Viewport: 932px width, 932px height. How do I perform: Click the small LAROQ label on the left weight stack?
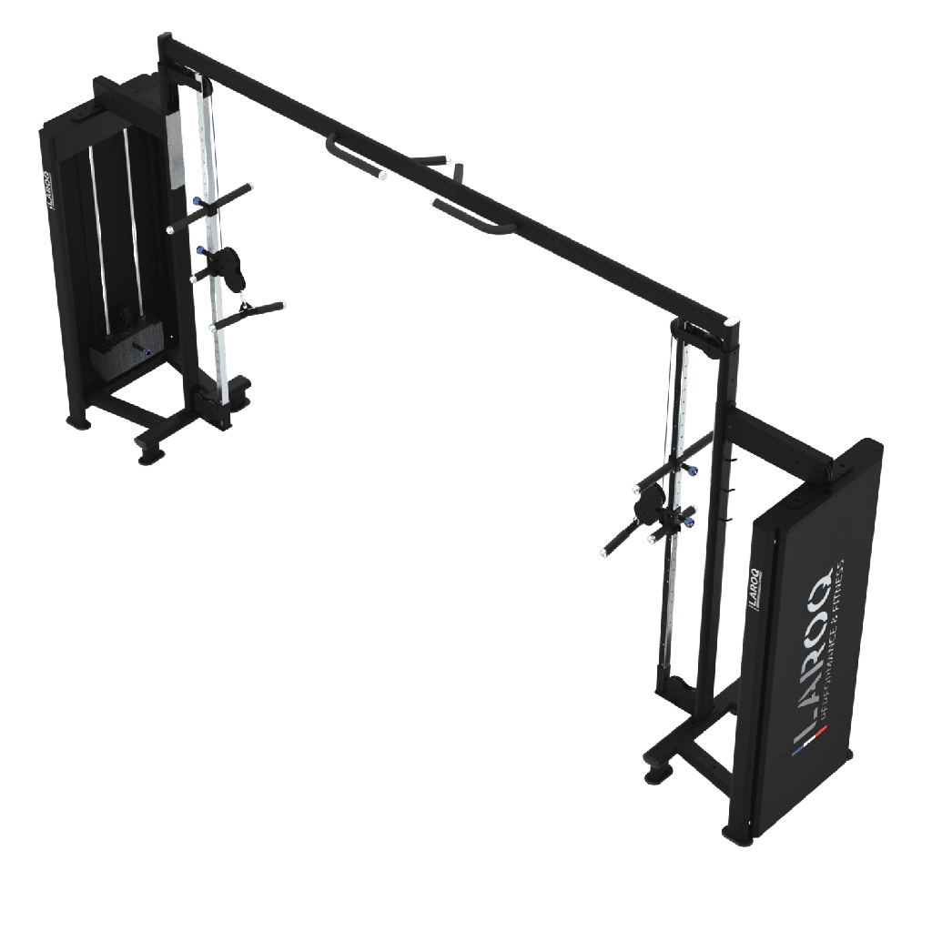click(x=50, y=192)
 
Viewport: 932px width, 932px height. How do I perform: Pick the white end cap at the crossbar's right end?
click(x=734, y=321)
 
